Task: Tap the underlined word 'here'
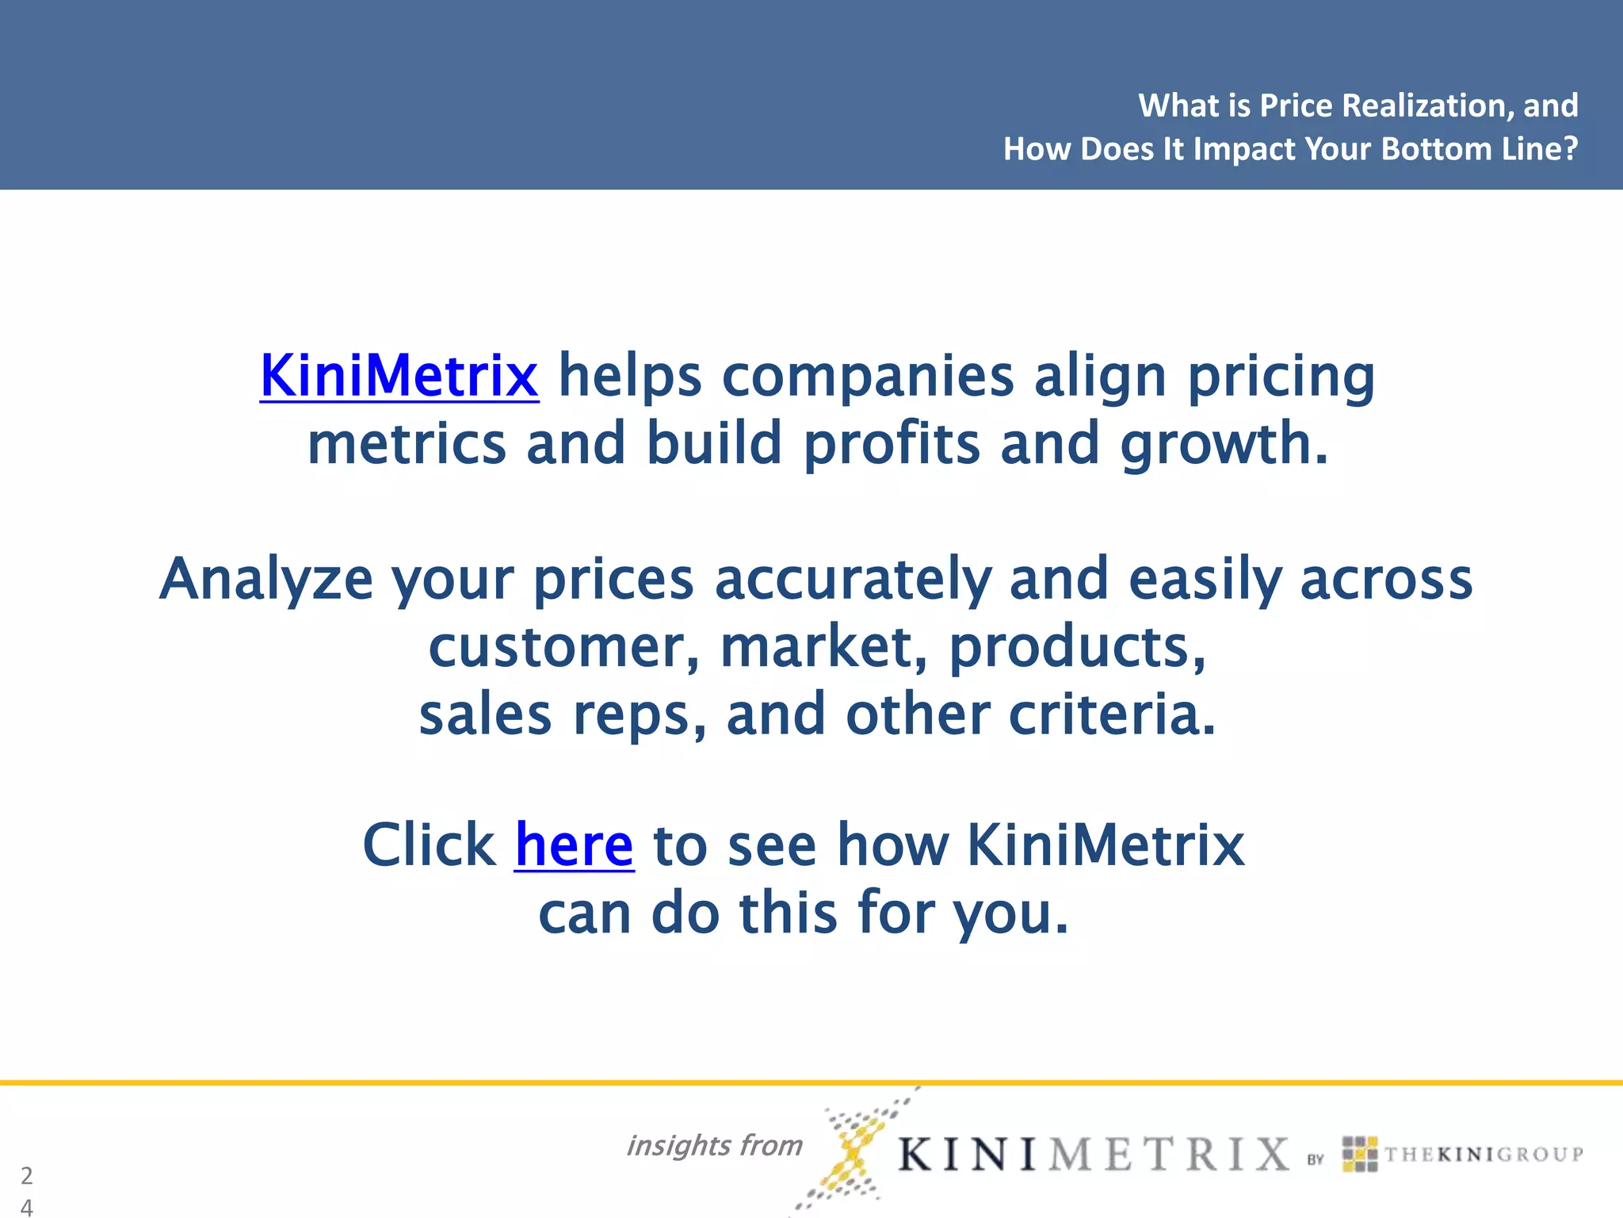click(574, 845)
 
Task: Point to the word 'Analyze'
click(266, 580)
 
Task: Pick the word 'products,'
click(1078, 647)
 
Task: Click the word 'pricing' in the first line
click(1281, 377)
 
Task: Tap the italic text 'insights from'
click(714, 1145)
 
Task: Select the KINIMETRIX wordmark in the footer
click(1094, 1154)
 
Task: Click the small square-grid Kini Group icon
click(1360, 1154)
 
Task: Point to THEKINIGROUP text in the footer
click(1484, 1155)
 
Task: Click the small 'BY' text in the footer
click(1316, 1159)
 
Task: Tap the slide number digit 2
click(27, 1175)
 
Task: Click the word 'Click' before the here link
click(429, 845)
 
